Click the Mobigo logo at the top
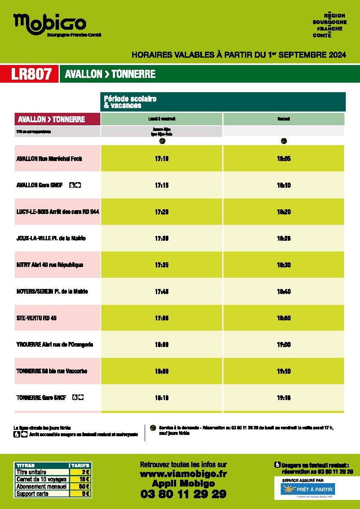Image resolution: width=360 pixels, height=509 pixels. pos(50,24)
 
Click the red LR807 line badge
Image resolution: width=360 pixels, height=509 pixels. pos(34,74)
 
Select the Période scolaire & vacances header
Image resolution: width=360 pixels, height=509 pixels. pos(130,102)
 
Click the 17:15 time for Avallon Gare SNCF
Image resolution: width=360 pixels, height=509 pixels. pos(161,185)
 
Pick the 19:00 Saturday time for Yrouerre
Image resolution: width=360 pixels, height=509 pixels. pos(284,345)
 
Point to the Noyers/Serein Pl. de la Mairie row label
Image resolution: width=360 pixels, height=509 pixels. pos(52,292)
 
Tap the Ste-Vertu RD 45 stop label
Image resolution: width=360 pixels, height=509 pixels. pos(37,318)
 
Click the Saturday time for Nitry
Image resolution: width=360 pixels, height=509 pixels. pos(284,265)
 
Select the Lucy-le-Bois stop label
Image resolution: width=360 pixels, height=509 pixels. pos(58,212)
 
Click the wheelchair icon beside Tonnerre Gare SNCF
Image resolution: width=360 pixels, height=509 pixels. pos(74,397)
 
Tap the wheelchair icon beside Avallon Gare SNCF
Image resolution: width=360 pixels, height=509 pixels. pos(72,185)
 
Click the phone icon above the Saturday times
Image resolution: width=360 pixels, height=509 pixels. pos(284,141)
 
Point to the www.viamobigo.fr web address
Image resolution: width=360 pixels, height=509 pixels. pos(183,474)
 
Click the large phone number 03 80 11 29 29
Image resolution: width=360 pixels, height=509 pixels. pos(183,494)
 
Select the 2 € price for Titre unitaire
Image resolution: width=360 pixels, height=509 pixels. pos(85,472)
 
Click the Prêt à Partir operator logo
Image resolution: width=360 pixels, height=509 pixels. pos(307,489)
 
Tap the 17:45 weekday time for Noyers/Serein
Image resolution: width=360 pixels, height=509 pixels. pos(161,292)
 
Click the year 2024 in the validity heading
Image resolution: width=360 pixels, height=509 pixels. pos(337,55)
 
